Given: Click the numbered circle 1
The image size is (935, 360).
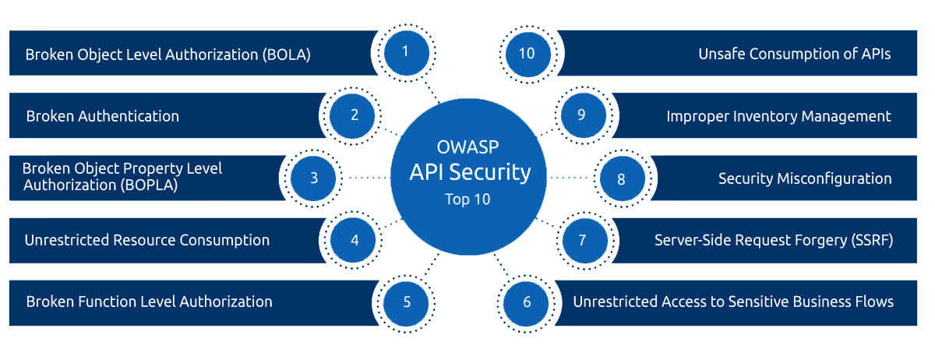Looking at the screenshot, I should pos(405,52).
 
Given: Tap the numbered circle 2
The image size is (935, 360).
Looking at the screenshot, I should pos(355,115).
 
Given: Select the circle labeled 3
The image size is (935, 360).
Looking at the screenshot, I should pos(314,178).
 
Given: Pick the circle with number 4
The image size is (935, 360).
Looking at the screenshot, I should pos(355,239).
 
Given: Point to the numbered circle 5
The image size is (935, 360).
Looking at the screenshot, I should pos(407,301).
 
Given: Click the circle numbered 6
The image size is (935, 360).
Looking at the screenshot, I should pos(527,302).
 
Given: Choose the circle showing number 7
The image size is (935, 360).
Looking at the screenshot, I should pos(582,239).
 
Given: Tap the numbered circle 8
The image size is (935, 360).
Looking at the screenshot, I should pos(621,178).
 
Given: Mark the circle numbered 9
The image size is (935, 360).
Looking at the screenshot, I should pos(581,115).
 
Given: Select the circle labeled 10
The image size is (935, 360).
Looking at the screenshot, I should pos(527,53).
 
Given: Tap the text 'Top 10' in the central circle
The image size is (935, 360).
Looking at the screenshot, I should pos(469,199).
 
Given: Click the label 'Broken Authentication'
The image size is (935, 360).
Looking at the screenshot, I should pos(102,116).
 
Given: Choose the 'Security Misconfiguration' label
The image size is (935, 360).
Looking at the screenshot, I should pos(804,178).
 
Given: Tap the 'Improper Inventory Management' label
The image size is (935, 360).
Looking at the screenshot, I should pos(778,116).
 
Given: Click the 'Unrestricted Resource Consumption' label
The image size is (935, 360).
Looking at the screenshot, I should pos(147,240).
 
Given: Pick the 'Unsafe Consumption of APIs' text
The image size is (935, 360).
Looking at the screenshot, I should pos(794,54).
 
